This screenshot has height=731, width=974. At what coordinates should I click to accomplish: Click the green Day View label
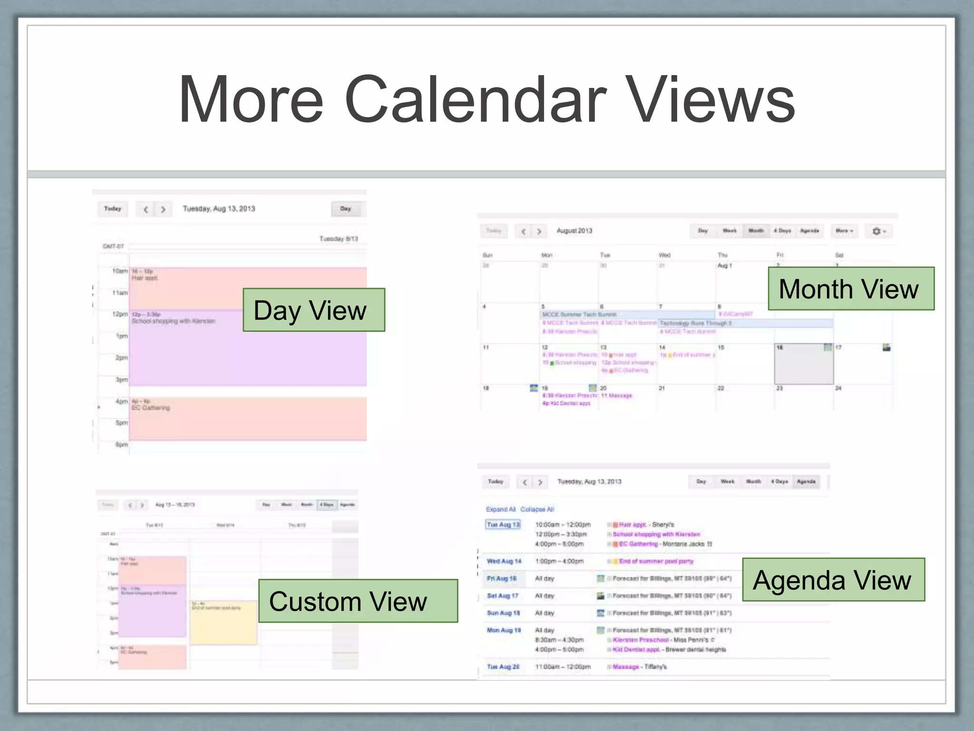313,310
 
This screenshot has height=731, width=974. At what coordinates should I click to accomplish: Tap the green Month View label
851,289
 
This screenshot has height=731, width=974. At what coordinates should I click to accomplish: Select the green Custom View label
358,601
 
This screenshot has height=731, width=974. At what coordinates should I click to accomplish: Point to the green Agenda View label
833,580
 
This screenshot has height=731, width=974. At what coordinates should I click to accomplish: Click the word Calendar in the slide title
475,100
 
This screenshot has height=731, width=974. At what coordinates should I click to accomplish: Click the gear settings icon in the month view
877,231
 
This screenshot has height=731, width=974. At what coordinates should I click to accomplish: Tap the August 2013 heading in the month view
575,231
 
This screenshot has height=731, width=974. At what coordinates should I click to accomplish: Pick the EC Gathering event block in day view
247,419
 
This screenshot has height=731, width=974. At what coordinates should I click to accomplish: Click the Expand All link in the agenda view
500,509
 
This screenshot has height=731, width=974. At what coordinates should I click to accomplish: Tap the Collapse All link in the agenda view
537,509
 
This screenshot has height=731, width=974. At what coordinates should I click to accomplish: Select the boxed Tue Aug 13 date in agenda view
503,524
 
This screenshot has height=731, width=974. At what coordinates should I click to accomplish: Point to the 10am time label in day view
120,271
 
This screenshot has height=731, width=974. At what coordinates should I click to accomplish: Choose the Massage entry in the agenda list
626,667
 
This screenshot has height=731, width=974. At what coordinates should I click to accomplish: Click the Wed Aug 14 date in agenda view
504,562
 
